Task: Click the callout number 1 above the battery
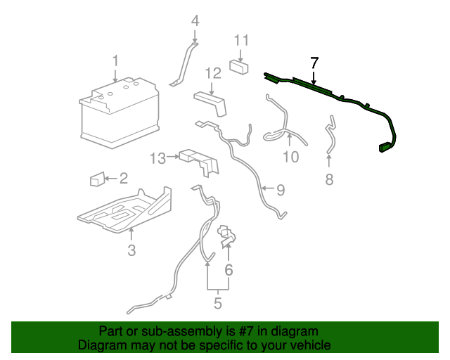coord(116,60)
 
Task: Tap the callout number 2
coord(122,179)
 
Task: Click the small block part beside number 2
coord(97,179)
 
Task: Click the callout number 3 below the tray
coord(131,250)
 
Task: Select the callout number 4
coord(195,20)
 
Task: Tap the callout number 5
coord(217,304)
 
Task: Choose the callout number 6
coord(229,269)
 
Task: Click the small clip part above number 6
coord(226,235)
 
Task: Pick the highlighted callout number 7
coord(314,61)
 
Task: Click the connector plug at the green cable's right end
coord(386,147)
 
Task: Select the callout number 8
coord(329,179)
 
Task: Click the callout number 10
coord(290,156)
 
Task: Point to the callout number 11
coord(241,39)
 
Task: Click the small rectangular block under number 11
coord(241,67)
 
